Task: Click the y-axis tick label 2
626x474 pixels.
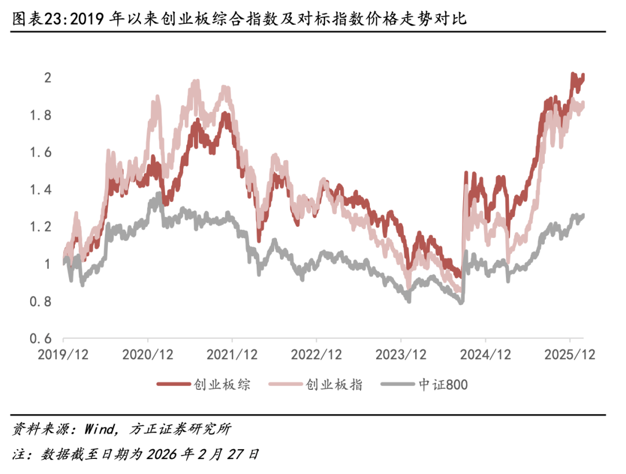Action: [49, 78]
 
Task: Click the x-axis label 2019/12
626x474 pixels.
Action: [64, 354]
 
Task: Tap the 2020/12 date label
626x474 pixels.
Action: [148, 354]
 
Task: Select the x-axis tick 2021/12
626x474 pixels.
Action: [232, 354]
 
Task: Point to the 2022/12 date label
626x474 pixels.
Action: [316, 354]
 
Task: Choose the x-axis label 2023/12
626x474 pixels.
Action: [401, 354]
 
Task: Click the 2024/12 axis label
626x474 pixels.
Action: [486, 354]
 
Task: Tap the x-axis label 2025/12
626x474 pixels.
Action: [570, 354]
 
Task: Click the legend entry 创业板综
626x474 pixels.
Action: [222, 384]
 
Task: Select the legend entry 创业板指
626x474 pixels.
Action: [334, 384]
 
